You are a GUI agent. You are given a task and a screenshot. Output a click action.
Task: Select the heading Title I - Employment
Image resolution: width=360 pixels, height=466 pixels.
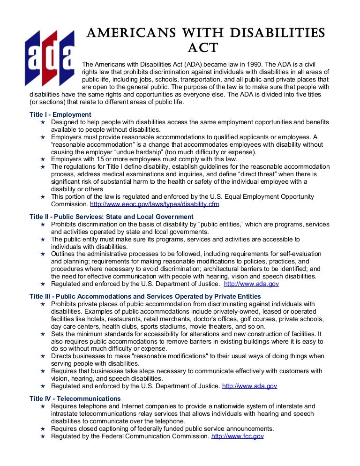tap(60, 114)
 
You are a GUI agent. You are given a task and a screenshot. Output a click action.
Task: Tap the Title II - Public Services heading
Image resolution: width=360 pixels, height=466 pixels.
tap(111, 217)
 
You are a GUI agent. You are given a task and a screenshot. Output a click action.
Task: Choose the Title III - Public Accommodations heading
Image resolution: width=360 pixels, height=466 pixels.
tap(145, 296)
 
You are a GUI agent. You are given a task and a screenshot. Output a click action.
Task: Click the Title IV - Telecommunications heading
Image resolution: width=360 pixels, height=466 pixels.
tap(75, 398)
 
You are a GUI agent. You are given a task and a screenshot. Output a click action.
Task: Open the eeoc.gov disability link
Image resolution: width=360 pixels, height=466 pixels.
tap(154, 204)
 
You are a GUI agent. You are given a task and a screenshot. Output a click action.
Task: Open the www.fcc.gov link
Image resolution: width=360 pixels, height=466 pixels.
tap(238, 436)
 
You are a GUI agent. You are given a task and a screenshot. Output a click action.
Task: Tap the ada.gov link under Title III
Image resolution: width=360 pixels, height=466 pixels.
tap(249, 386)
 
